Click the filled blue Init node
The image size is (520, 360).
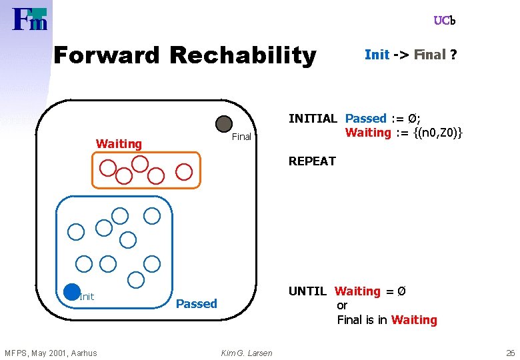pos(71,291)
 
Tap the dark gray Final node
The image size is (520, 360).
pos(224,124)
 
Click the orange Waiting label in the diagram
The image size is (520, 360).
pos(119,143)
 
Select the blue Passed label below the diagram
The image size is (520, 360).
pos(196,303)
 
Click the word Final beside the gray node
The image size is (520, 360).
pos(241,137)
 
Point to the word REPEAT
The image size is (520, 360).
pos(312,161)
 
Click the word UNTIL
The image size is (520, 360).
pos(307,291)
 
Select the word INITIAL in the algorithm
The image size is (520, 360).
pos(313,119)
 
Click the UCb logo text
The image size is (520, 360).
pos(444,21)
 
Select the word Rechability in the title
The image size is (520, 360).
pos(243,55)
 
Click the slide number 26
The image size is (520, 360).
pos(510,353)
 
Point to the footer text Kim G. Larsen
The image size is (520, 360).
pos(247,353)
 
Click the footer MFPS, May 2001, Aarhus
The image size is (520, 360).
pos(51,353)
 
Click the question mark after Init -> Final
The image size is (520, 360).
pos(453,55)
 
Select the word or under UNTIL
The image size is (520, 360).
pos(342,305)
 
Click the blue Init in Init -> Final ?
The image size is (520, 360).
pos(377,55)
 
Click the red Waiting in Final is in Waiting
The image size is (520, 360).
pos(414,320)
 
